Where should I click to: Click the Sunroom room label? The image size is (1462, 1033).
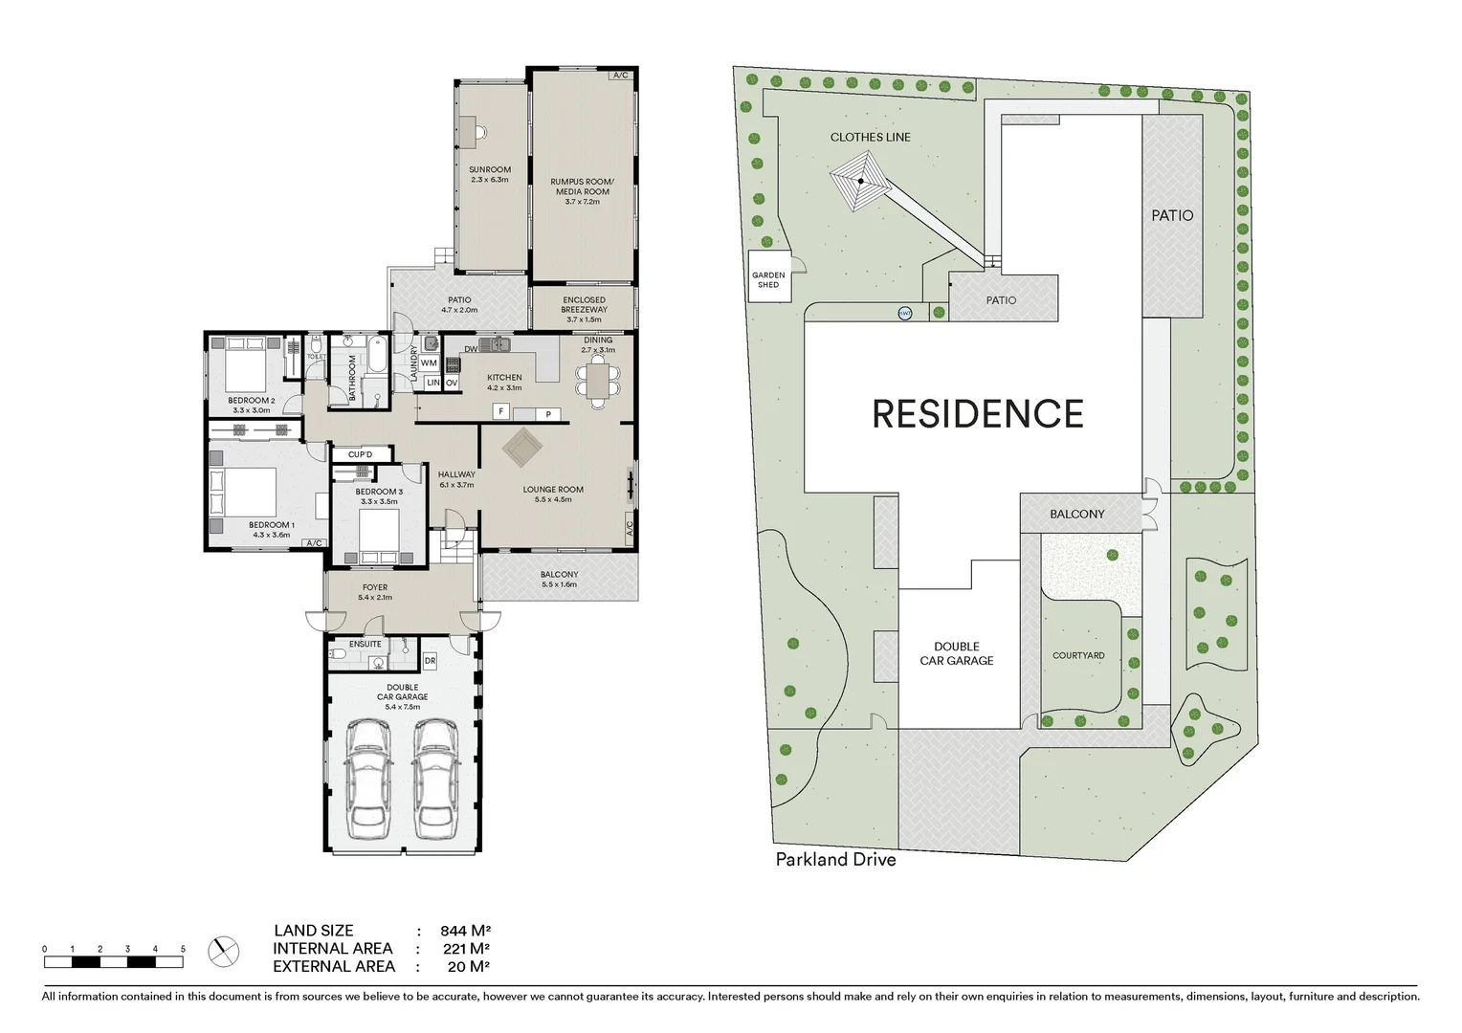pyautogui.click(x=489, y=174)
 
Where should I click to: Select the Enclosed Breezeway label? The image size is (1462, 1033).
pyautogui.click(x=584, y=309)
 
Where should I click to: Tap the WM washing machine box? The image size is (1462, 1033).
pyautogui.click(x=429, y=363)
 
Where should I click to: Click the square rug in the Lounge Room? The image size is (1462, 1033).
pyautogui.click(x=522, y=448)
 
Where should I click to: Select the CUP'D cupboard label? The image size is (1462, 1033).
pyautogui.click(x=360, y=454)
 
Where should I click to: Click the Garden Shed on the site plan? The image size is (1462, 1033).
pyautogui.click(x=768, y=279)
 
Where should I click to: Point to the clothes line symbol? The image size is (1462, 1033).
pyautogui.click(x=861, y=181)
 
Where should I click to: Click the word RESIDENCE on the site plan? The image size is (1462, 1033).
pyautogui.click(x=977, y=414)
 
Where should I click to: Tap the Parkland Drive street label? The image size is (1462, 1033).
pyautogui.click(x=835, y=859)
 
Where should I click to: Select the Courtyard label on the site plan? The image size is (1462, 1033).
pyautogui.click(x=1078, y=655)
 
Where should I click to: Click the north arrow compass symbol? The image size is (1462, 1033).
pyautogui.click(x=224, y=950)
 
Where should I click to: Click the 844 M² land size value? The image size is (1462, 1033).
pyautogui.click(x=465, y=931)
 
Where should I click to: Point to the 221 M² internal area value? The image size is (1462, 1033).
pyautogui.click(x=465, y=949)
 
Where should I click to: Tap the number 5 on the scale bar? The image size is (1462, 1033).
pyautogui.click(x=183, y=949)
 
